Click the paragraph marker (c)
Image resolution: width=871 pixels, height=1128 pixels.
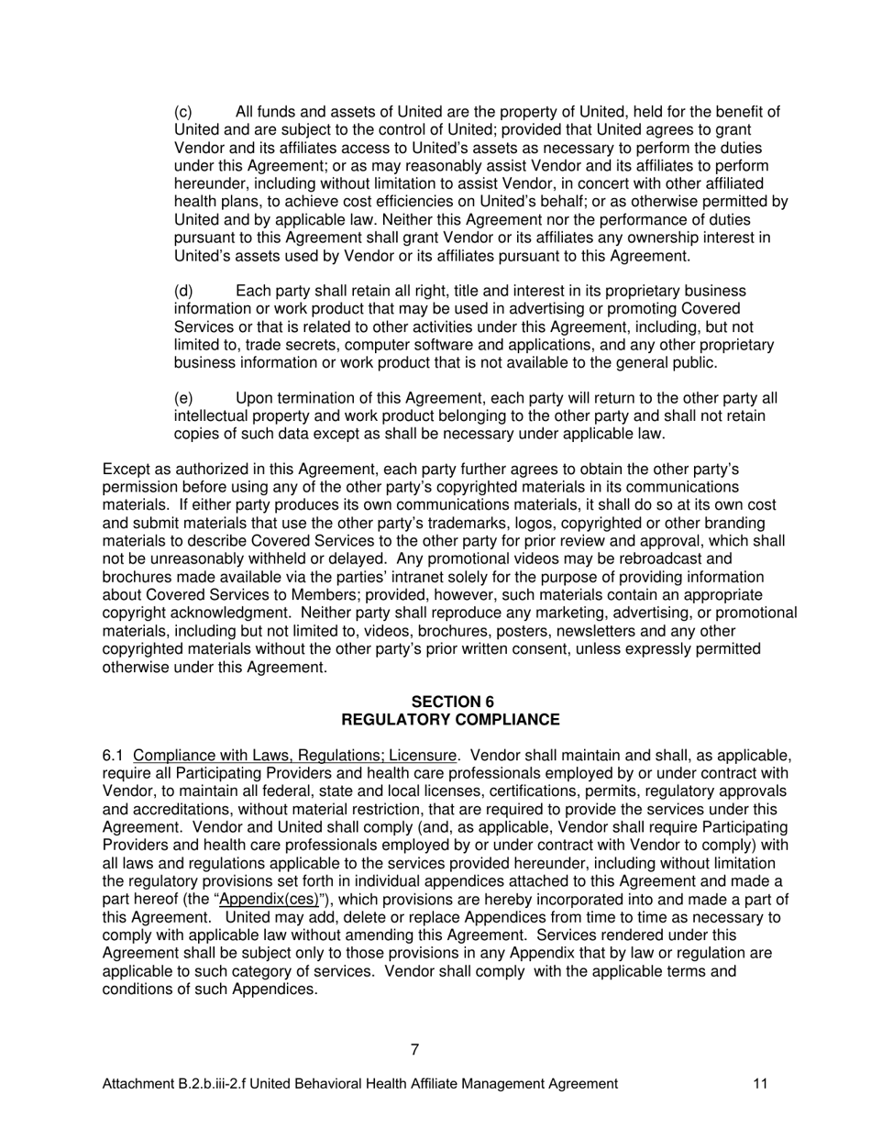point(182,113)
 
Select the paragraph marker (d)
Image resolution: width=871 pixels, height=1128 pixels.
point(182,291)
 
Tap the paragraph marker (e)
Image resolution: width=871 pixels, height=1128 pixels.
point(182,399)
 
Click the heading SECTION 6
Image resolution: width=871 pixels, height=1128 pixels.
point(452,702)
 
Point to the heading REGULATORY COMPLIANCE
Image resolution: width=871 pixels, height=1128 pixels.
point(450,720)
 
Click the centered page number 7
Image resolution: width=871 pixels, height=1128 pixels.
point(415,1050)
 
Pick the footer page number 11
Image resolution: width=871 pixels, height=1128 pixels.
point(760,1084)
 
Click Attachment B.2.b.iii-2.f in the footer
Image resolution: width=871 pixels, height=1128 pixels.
point(173,1084)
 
